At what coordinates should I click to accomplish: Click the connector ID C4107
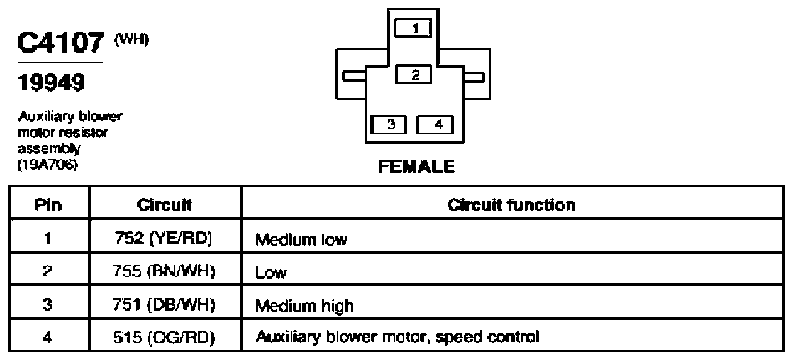tap(61, 43)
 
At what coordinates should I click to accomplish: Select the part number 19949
tap(52, 83)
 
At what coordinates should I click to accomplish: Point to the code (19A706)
tap(48, 165)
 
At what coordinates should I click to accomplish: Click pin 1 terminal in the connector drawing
tap(413, 28)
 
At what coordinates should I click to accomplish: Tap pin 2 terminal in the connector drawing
tap(414, 75)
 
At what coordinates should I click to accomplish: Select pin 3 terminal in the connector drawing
tap(389, 124)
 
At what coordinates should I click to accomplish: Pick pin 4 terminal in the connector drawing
tap(435, 124)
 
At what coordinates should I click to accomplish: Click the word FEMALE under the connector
tap(415, 166)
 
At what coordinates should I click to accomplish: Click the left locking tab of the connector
tap(354, 76)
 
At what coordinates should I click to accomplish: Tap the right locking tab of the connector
tap(474, 76)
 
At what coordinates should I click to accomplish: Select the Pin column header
tap(48, 205)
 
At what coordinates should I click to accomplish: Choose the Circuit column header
tap(165, 205)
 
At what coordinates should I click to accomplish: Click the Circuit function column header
tap(511, 205)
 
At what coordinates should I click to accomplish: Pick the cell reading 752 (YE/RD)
tap(165, 238)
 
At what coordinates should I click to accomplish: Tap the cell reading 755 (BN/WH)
tap(165, 271)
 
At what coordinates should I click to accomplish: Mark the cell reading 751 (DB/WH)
tap(165, 305)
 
